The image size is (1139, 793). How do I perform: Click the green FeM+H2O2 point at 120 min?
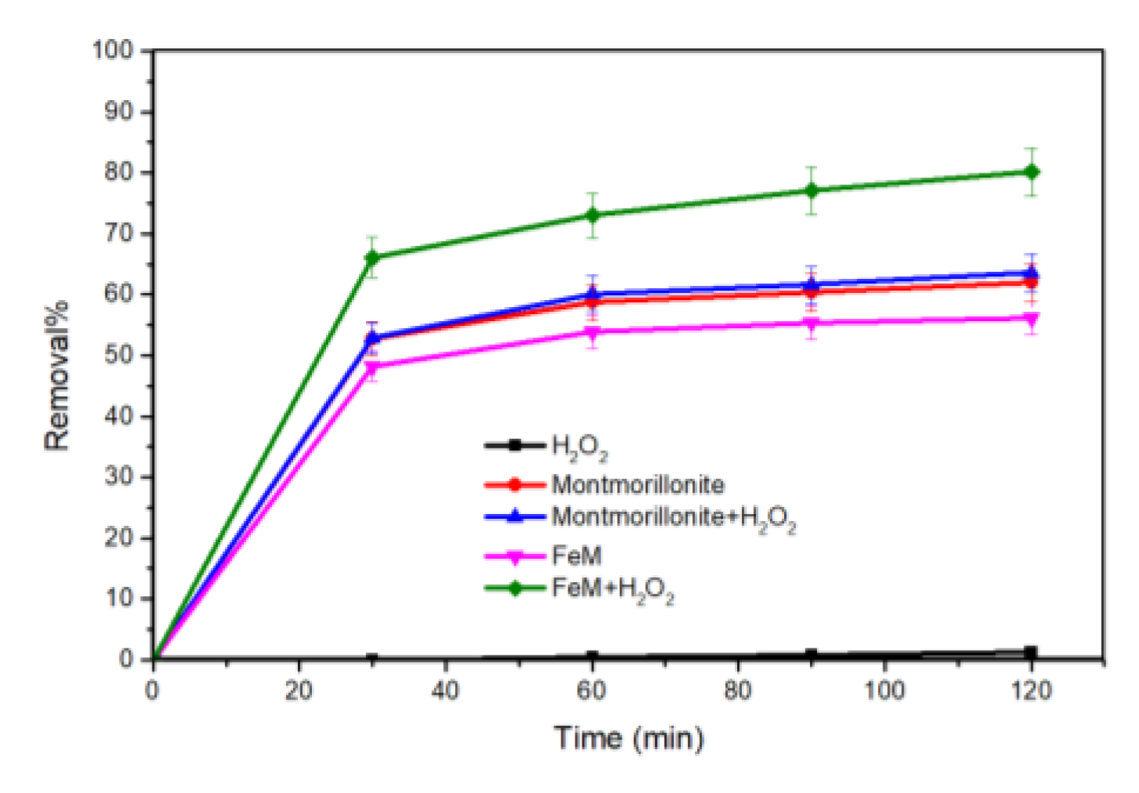tap(1031, 172)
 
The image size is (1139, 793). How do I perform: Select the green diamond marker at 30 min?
tap(372, 257)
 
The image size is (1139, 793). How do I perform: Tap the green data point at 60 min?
tap(593, 215)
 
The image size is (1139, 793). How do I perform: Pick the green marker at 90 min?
tap(811, 191)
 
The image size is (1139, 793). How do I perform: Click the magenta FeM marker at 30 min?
tap(372, 366)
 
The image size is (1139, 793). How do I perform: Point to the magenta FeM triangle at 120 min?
tap(1031, 319)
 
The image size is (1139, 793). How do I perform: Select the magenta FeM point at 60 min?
tap(593, 333)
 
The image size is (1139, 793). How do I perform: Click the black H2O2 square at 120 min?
tap(1031, 652)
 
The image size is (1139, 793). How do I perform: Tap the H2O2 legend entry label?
tap(578, 447)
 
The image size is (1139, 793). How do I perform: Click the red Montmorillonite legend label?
tap(637, 484)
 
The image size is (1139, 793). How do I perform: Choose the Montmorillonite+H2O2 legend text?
tap(673, 517)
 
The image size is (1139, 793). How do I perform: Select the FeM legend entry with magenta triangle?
tap(576, 555)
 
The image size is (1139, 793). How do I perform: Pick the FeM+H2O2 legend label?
tap(612, 589)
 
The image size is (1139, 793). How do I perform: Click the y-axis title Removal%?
tap(56, 375)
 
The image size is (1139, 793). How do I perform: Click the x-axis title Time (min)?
tap(629, 738)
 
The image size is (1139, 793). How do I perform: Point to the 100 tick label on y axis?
tap(113, 51)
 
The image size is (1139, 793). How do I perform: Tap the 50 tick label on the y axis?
tap(119, 355)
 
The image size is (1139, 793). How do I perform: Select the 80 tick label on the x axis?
tap(737, 691)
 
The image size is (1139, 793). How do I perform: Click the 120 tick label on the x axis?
tap(1031, 691)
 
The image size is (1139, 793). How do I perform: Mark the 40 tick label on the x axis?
tap(445, 691)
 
